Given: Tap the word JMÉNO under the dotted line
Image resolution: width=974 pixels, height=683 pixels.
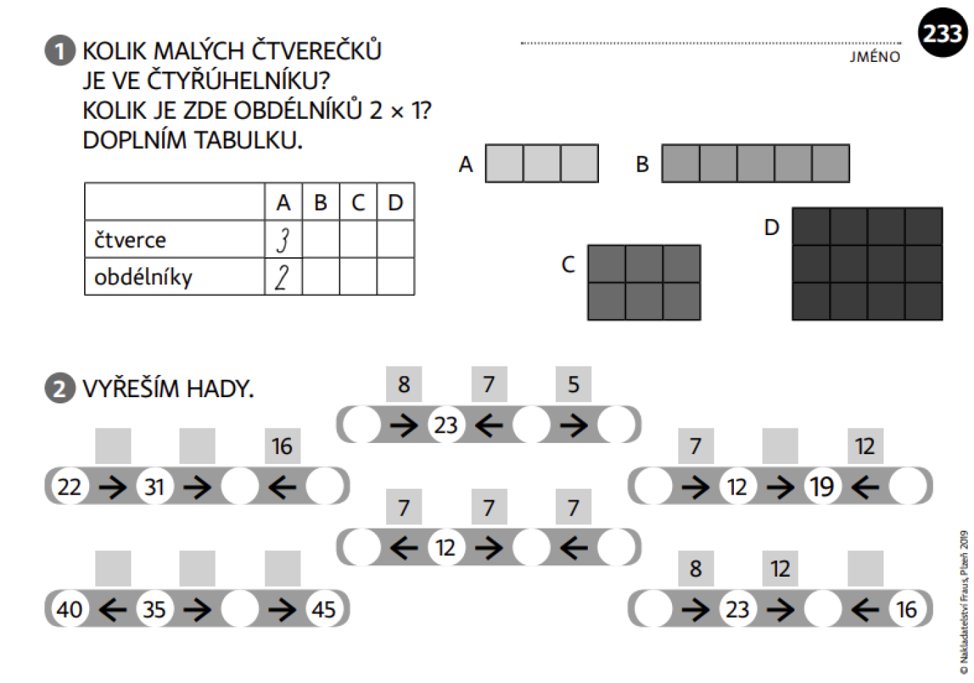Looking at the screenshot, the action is tap(875, 57).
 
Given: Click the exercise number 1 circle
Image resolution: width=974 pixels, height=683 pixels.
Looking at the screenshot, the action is tap(60, 51).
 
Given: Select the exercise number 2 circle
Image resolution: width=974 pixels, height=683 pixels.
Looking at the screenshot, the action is tap(60, 388).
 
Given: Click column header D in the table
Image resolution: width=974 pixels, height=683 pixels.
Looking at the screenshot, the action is tap(395, 202).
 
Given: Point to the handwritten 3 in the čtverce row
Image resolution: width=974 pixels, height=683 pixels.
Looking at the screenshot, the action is tap(283, 240).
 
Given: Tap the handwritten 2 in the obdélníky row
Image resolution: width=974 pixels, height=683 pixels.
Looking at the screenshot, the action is tap(282, 278).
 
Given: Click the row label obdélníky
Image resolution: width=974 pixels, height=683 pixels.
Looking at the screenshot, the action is tap(143, 277).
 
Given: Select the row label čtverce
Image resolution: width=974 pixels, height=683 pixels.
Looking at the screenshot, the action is tap(130, 239).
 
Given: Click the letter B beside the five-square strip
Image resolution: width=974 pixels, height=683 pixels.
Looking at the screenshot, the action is tap(642, 164).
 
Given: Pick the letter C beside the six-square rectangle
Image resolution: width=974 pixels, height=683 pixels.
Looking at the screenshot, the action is tap(568, 264).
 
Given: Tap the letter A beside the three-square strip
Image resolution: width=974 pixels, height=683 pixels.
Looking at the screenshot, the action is tap(465, 164).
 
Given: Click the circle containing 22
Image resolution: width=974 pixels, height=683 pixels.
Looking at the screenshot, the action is tap(70, 486).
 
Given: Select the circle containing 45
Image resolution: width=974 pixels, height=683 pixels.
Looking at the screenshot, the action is tap(324, 609).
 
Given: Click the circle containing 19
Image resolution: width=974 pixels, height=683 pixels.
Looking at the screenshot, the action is tap(822, 486).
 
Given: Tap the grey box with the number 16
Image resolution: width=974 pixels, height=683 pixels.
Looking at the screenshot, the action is tap(282, 446).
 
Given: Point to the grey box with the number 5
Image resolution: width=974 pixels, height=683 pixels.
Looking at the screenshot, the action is tap(573, 385).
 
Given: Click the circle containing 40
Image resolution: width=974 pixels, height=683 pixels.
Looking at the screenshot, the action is tap(70, 609).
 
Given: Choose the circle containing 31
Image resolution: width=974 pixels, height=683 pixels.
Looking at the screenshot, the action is tap(154, 486).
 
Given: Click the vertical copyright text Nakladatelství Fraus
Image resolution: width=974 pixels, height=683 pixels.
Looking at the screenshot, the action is tap(964, 602).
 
